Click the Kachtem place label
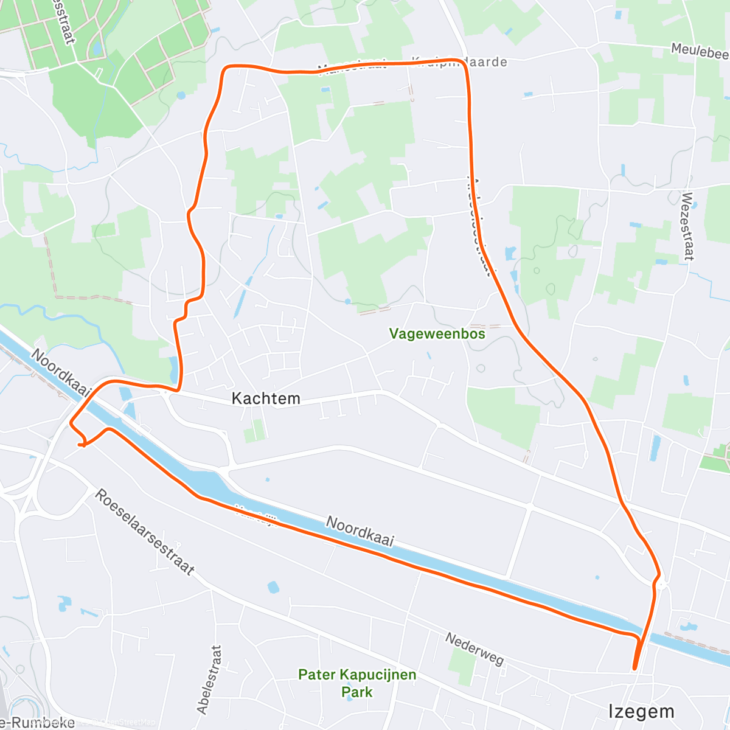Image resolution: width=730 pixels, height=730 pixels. pyautogui.click(x=266, y=398)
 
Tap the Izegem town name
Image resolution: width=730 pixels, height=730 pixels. pyautogui.click(x=641, y=711)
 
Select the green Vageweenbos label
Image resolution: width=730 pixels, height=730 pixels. pyautogui.click(x=437, y=333)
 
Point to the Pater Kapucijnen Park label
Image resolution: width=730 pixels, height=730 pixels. pyautogui.click(x=357, y=683)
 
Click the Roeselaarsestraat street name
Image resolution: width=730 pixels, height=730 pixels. pyautogui.click(x=144, y=532)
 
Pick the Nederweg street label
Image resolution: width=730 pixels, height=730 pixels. pyautogui.click(x=474, y=649)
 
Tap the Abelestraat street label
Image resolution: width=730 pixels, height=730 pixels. pyautogui.click(x=209, y=679)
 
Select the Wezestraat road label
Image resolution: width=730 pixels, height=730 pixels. pyautogui.click(x=687, y=226)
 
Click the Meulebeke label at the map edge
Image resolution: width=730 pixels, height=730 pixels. pyautogui.click(x=700, y=52)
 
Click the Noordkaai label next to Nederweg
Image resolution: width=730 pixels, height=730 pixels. pyautogui.click(x=360, y=530)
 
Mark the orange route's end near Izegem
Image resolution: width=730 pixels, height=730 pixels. pyautogui.click(x=635, y=669)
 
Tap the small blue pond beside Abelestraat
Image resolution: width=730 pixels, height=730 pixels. pyautogui.click(x=273, y=587)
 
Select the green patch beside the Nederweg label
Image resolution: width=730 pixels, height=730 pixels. pyautogui.click(x=463, y=666)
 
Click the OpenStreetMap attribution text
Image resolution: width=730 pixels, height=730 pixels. pyautogui.click(x=122, y=722)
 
